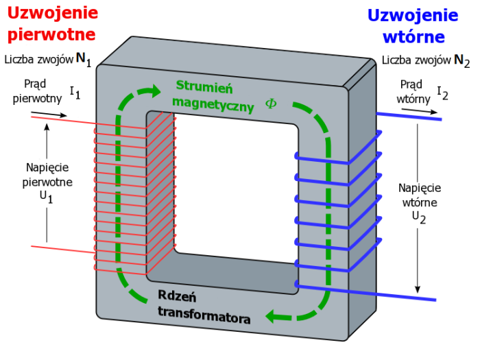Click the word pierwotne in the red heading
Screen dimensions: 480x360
51,34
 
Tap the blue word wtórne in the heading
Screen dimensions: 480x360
413,37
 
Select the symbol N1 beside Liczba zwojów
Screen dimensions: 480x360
84,60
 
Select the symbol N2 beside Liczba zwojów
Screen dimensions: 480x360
461,61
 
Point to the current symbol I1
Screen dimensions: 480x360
75,93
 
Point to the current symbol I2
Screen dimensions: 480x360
442,93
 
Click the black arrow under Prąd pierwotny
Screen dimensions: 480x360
49,114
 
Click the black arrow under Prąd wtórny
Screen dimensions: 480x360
420,111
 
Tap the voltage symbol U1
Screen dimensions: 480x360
46,197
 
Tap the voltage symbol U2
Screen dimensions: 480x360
419,217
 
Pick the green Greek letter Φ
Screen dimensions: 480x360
271,104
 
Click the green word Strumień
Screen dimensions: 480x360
204,86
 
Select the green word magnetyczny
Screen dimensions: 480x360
213,104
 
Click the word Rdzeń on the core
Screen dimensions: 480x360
177,296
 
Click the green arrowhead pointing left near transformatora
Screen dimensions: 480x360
272,316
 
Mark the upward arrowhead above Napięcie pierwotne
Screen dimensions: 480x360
47,127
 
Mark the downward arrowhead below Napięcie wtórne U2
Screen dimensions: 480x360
417,289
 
